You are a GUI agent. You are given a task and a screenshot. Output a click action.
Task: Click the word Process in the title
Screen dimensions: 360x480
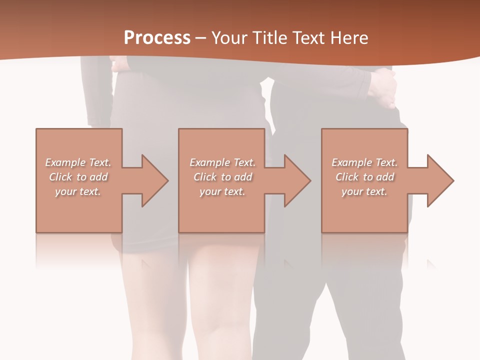(x=157, y=38)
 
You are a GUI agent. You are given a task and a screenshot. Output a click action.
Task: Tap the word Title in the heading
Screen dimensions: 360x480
(x=268, y=38)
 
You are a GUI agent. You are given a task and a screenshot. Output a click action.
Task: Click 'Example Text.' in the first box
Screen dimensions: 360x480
(x=78, y=162)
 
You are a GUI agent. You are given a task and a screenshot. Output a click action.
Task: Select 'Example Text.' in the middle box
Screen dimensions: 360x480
(x=222, y=162)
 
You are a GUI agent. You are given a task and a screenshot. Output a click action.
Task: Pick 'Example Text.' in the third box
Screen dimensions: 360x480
(x=364, y=162)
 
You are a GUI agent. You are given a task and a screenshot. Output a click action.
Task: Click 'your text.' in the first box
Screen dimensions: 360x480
(x=78, y=191)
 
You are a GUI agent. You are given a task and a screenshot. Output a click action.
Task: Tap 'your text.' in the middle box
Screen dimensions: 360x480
(x=222, y=191)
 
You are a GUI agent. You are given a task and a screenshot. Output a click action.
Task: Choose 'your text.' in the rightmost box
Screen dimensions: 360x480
(x=364, y=191)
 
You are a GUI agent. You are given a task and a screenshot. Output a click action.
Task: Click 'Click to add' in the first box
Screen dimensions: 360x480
(x=78, y=177)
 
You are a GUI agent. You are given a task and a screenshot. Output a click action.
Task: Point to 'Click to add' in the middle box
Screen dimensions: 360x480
(x=222, y=177)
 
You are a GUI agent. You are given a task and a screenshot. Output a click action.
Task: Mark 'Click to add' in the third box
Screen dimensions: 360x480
(x=364, y=177)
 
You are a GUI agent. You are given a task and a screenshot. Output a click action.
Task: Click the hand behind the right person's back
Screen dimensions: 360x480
(x=384, y=87)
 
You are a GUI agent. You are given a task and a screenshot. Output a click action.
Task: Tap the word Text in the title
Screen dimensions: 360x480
(x=308, y=38)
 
